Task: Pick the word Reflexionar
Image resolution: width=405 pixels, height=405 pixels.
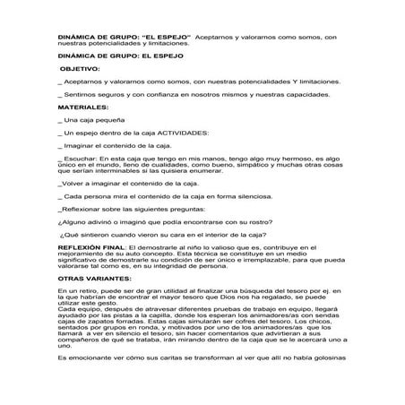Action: click(82, 207)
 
